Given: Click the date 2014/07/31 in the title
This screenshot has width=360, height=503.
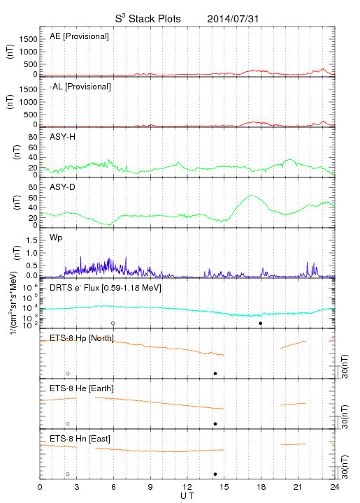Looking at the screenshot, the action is [233, 19].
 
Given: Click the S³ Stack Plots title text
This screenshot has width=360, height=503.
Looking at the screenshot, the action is [148, 19].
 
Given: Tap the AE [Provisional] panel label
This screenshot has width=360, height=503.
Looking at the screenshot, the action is [79, 36].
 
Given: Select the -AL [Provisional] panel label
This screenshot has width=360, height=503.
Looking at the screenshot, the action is [80, 87].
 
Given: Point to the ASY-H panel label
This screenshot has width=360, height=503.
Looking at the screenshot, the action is [63, 137].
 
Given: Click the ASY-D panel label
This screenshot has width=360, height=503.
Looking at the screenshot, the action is [63, 187].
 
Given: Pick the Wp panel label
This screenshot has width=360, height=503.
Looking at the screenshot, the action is [56, 238].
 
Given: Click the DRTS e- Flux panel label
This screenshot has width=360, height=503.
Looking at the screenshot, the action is [106, 288].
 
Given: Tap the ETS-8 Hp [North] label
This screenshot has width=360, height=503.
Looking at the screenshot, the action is [82, 338].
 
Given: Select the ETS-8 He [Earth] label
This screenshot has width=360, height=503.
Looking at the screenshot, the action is [82, 388].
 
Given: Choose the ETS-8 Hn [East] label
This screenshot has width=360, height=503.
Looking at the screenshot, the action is [80, 439].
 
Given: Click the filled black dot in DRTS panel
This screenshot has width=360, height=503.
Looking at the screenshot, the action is [261, 323].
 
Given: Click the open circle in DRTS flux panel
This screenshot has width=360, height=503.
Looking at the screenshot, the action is [113, 323].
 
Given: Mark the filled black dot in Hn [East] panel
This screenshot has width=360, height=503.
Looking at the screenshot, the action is [215, 474].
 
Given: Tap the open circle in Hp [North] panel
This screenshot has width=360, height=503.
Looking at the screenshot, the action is [68, 373].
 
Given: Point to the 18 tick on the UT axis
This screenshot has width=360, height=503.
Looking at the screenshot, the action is [261, 487].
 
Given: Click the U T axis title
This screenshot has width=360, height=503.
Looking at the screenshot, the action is [187, 496].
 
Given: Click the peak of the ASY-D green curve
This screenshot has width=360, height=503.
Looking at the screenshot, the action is [252, 196].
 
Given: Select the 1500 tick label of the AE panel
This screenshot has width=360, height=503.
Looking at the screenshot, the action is [28, 39].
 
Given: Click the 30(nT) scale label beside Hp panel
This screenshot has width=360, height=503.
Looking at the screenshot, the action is [345, 367].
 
